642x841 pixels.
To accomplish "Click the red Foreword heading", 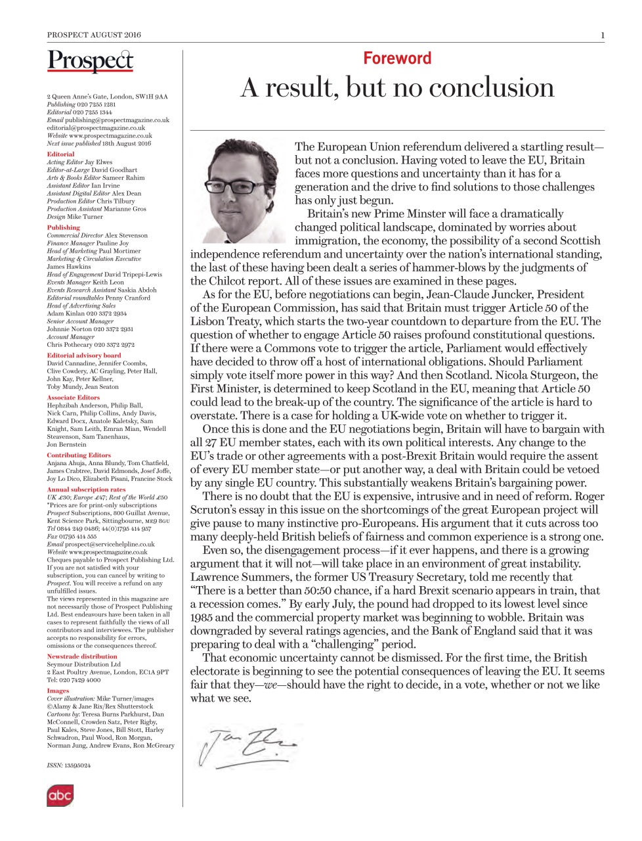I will pos(397,58).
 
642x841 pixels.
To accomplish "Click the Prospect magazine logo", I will pos(90,62).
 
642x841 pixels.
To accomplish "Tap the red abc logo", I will pos(59,796).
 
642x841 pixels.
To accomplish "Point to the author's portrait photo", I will pos(242,191).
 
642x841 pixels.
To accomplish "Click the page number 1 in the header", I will pos(602,35).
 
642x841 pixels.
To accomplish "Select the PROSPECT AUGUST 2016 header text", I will pos(94,35).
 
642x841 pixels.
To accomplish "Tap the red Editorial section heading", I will pos(60,154).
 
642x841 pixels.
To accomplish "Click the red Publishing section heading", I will pos(63,227).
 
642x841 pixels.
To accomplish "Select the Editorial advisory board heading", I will pos(84,355).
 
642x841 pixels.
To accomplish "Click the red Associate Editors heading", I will pos(73,398).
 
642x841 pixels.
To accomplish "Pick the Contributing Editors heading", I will pos(79,455).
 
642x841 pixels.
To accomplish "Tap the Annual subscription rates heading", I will pos(86,489).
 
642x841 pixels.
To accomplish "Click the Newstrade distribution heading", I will pos(82,656).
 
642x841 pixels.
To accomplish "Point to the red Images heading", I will pos(58,691).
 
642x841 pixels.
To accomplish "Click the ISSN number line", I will pos(69,765).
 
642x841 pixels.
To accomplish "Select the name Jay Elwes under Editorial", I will pos(98,162).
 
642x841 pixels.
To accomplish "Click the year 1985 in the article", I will pos(202,618).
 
